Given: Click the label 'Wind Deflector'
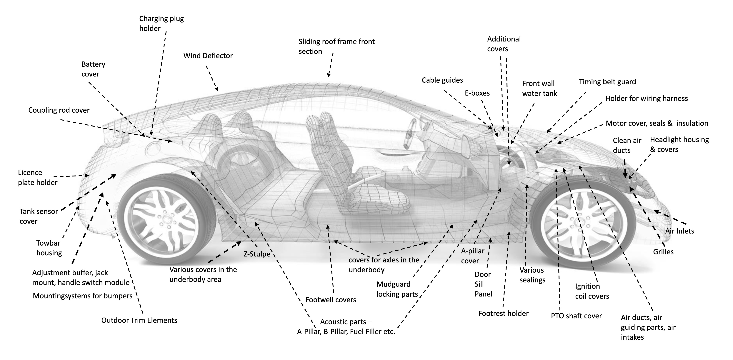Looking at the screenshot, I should (x=208, y=56).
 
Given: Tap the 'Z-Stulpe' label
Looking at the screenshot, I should (x=257, y=254).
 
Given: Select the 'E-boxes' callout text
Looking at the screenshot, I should (x=477, y=93).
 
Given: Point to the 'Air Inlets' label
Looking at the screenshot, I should (x=679, y=231).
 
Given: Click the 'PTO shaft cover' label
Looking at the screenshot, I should (x=576, y=316).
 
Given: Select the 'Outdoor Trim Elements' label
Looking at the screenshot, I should (x=139, y=320).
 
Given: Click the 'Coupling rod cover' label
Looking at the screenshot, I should (x=59, y=110).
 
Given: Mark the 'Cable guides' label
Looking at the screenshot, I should (x=442, y=80).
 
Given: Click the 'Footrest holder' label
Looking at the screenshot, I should (x=503, y=314).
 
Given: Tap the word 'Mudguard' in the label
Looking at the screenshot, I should (x=393, y=284).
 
